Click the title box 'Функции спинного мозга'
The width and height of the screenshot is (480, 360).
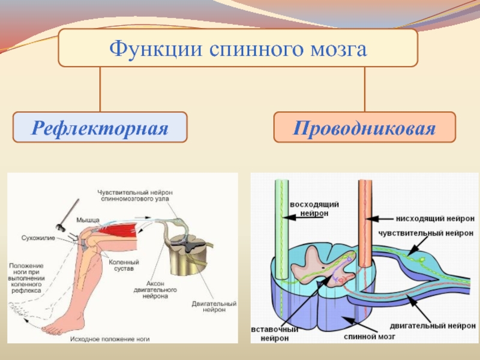tap(238, 47)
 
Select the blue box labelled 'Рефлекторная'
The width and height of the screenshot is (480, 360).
tap(100, 127)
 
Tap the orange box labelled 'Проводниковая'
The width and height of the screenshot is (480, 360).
tap(364, 127)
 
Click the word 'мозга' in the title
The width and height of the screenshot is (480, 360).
tap(337, 47)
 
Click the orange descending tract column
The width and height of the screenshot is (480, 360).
tap(364, 216)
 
